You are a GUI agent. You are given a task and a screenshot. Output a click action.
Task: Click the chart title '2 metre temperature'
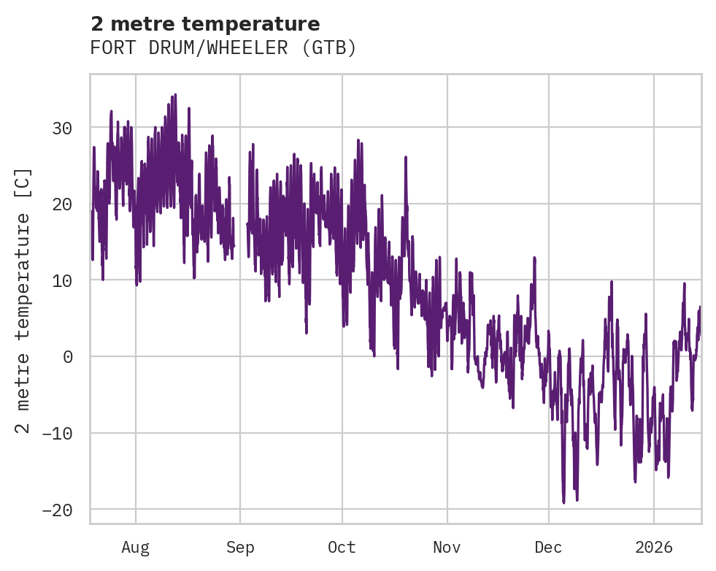(205, 24)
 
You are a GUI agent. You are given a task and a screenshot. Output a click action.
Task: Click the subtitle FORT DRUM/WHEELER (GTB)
(223, 48)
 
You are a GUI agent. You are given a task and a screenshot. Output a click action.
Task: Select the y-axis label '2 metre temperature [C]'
(24, 300)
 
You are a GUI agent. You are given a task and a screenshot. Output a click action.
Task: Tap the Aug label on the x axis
(136, 547)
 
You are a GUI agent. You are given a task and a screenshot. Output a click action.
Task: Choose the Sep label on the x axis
(240, 547)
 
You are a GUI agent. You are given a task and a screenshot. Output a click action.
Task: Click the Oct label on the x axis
(342, 547)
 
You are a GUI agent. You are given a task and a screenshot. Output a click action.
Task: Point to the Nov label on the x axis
(447, 547)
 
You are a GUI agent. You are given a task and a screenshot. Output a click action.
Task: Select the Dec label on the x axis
(548, 547)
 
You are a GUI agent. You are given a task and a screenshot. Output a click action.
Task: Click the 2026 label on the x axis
(654, 547)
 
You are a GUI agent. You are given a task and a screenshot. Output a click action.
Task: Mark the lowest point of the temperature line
(563, 502)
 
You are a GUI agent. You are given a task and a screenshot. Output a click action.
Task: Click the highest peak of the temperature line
(175, 95)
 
